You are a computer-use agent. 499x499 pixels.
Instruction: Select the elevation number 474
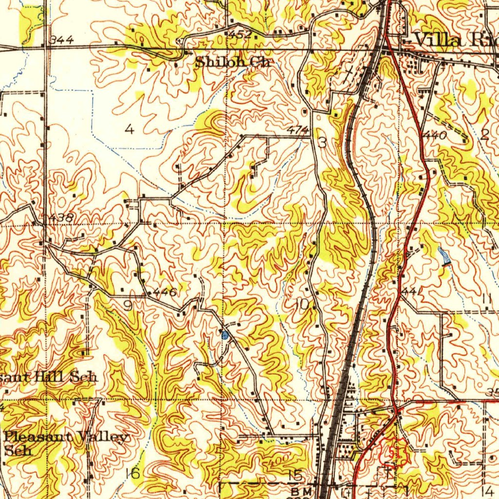297,130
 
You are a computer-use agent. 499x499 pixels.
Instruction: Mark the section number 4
129,129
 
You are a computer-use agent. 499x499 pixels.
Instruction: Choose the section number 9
127,306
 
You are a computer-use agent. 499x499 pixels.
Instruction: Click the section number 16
133,473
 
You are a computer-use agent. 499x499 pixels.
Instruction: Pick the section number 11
485,298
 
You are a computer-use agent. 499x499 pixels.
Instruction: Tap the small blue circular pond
225,335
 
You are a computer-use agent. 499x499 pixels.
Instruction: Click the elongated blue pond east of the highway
444,256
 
